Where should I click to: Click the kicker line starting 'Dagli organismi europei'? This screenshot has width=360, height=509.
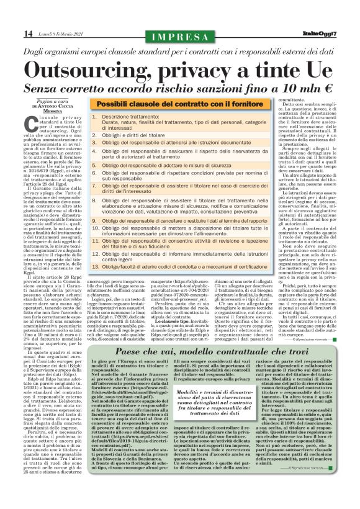coord(181,52)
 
